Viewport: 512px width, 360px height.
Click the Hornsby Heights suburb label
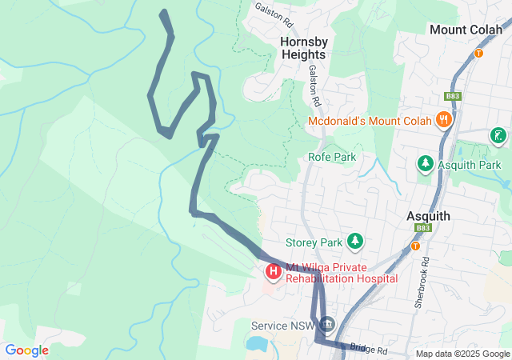click(x=303, y=47)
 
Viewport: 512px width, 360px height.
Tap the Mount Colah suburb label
click(x=468, y=29)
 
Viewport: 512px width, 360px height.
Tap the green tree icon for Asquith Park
click(x=426, y=164)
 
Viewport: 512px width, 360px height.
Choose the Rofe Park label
click(x=332, y=157)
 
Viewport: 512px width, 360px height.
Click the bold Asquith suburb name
click(x=428, y=216)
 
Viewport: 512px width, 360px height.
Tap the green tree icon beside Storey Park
click(x=354, y=241)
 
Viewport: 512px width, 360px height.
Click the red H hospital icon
click(x=274, y=272)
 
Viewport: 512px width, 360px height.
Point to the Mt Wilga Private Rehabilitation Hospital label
click(x=341, y=273)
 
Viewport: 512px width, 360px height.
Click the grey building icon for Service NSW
click(x=327, y=325)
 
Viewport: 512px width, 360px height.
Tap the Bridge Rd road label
click(x=368, y=350)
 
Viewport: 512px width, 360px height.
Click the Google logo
click(x=27, y=350)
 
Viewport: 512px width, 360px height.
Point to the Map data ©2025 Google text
click(x=462, y=354)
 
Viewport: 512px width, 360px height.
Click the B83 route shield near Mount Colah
click(x=454, y=97)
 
